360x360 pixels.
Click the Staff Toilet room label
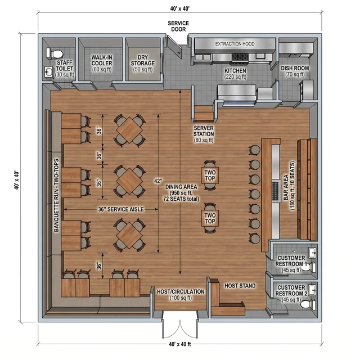click(65, 69)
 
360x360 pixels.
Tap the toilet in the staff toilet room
click(55, 53)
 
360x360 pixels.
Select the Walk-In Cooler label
click(102, 64)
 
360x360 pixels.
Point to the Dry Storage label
click(142, 64)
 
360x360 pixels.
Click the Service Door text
click(178, 26)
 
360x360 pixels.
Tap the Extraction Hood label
click(235, 44)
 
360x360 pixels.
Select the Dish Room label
click(295, 71)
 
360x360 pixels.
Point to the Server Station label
click(204, 134)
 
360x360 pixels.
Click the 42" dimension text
click(158, 181)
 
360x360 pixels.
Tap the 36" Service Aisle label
click(121, 209)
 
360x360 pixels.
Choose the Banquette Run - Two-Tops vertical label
click(56, 195)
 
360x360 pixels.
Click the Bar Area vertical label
click(289, 186)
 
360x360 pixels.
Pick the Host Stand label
click(240, 286)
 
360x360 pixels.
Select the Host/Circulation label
click(181, 295)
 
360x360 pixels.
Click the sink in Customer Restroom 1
click(312, 253)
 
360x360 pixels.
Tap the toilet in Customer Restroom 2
click(308, 304)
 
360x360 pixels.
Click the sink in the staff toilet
click(48, 73)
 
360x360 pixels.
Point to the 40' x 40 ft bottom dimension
click(180, 344)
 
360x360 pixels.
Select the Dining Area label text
click(181, 193)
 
